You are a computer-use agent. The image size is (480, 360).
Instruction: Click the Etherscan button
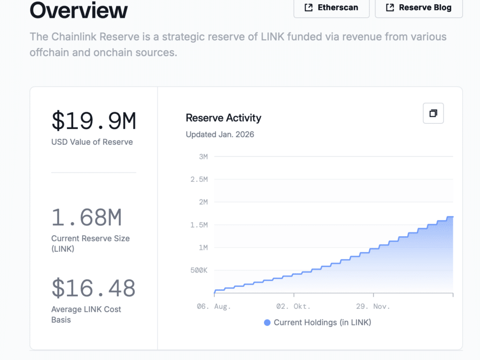[x=331, y=7]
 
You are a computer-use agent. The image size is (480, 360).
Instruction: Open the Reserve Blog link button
[x=419, y=7]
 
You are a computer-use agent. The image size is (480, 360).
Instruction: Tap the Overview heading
[x=79, y=10]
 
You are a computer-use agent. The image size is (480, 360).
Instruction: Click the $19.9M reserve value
[x=94, y=120]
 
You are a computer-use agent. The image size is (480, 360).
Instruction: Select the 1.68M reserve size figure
[x=87, y=217]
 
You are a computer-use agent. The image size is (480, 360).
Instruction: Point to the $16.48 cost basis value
[x=93, y=288]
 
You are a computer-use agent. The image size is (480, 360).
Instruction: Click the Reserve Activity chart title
[x=224, y=118]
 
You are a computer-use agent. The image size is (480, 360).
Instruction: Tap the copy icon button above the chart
[x=433, y=113]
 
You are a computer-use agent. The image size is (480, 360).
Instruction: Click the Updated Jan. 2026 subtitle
[x=220, y=135]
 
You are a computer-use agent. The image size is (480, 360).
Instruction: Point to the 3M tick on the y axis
[x=203, y=157]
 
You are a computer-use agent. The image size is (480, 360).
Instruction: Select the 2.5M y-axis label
[x=199, y=180]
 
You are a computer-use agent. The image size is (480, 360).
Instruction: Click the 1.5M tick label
[x=199, y=225]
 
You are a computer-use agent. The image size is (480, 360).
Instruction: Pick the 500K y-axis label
[x=199, y=270]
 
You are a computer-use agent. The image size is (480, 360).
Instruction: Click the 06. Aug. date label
[x=214, y=307]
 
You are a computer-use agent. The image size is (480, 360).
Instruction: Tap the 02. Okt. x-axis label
[x=293, y=307]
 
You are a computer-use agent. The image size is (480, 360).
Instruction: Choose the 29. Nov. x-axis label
[x=373, y=307]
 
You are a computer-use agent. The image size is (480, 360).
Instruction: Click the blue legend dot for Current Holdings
[x=267, y=322]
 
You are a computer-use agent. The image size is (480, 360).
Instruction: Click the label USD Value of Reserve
[x=92, y=142]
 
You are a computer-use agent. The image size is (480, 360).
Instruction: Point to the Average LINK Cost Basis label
[x=86, y=315]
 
